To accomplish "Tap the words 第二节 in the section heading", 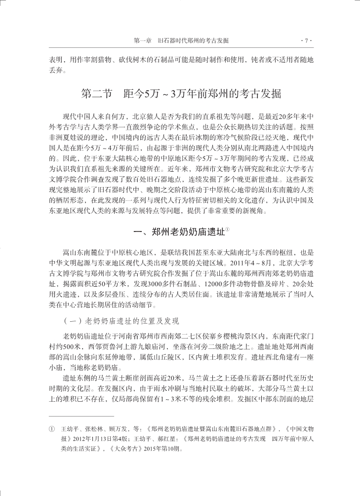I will pos(97,94).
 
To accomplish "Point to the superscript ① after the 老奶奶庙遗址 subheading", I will pos(228,228).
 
